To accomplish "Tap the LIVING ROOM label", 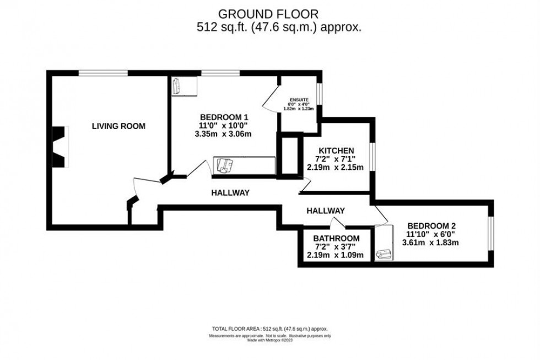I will click(118, 126).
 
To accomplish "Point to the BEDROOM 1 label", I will click(224, 117).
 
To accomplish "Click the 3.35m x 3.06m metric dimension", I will click(223, 134).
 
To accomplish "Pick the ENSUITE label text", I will click(300, 100).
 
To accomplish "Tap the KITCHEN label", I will click(336, 150).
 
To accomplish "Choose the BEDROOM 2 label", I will click(431, 225).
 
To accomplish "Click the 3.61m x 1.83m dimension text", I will click(431, 242).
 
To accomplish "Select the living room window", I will click(103, 72).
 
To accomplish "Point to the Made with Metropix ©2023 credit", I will click(270, 340).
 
